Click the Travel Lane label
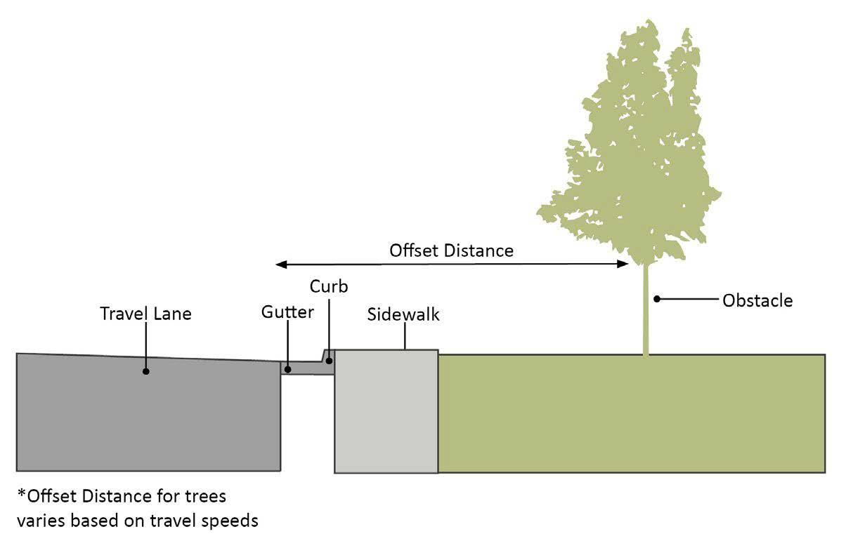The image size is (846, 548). [145, 313]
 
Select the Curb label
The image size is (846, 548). [329, 286]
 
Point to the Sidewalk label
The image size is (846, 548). [403, 314]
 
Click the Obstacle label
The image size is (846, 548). [757, 300]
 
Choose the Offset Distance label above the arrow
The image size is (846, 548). [452, 250]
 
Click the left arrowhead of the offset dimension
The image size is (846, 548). [280, 265]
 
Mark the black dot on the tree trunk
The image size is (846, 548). [656, 299]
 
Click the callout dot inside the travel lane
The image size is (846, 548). [146, 370]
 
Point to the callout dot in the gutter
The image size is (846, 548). [287, 368]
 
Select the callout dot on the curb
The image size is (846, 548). [328, 361]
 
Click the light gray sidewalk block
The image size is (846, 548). [386, 414]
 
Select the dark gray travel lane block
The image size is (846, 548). [141, 421]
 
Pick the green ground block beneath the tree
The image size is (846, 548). [632, 414]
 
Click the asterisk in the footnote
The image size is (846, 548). [22, 495]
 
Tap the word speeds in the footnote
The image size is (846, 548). [229, 521]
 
